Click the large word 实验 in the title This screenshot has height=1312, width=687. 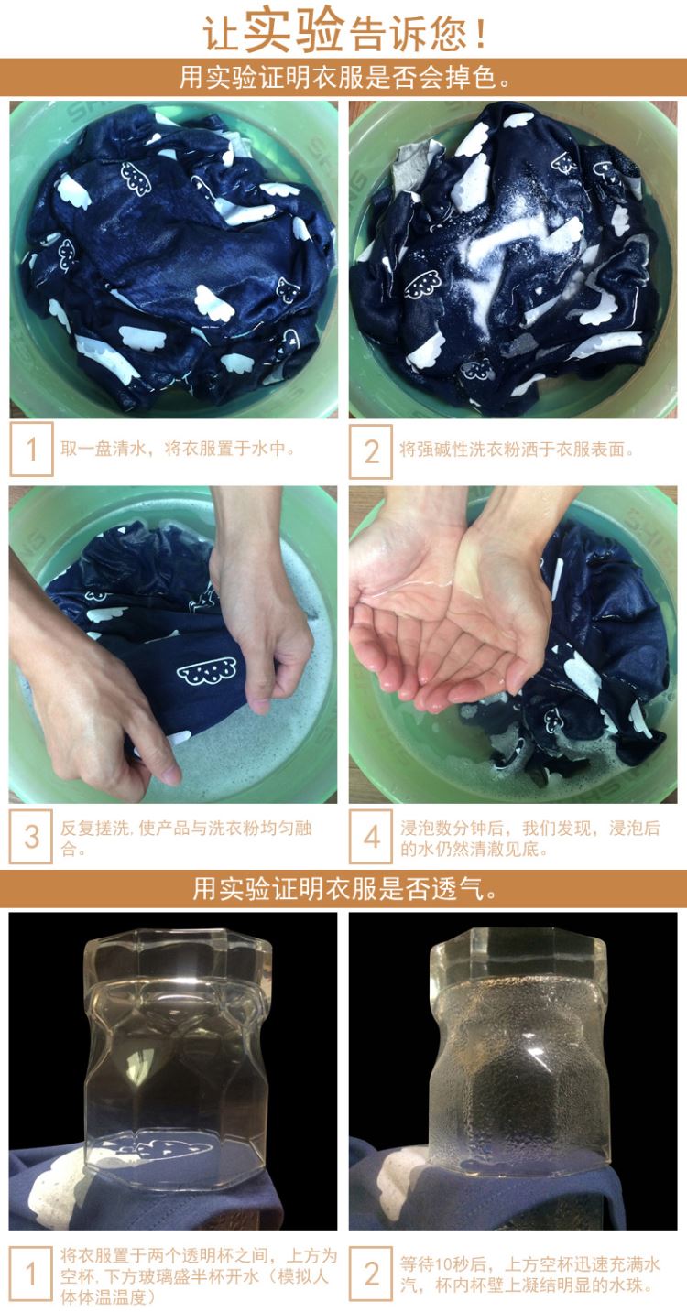tap(293, 29)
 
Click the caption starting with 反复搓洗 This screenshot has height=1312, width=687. tap(186, 838)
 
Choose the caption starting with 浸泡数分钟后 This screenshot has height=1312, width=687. tap(529, 838)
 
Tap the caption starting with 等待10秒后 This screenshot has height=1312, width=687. tap(529, 1274)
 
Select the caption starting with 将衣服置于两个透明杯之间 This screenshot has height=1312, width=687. tap(199, 1275)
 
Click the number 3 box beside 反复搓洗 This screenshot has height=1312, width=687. tap(31, 837)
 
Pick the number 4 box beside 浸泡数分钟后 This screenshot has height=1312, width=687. tap(370, 837)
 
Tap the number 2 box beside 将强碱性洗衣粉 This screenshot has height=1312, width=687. tap(370, 451)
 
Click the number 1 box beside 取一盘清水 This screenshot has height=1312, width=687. tap(31, 450)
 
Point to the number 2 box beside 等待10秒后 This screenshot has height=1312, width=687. tap(370, 1274)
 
